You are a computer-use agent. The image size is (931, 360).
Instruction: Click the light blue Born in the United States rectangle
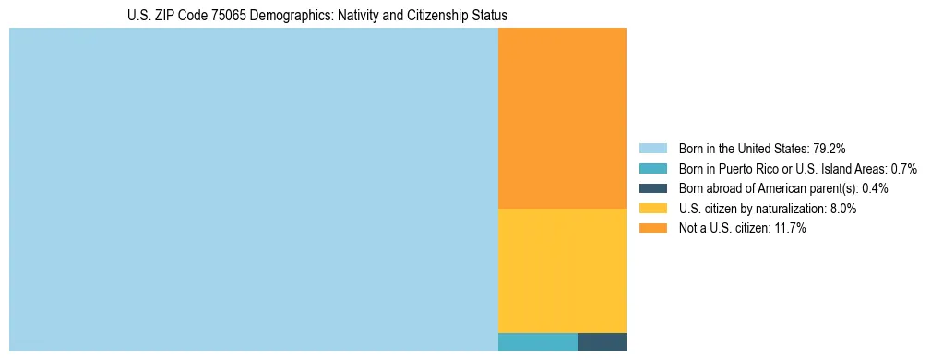[253, 189]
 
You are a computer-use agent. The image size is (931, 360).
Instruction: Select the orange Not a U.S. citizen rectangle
[562, 118]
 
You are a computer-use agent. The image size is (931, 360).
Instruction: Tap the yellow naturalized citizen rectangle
[562, 270]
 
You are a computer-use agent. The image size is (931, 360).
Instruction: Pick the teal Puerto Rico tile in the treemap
[537, 342]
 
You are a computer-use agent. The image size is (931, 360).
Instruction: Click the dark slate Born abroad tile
[602, 342]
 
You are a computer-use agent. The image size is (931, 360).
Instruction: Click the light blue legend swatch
[653, 149]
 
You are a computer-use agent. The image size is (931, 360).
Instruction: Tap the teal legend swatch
[653, 169]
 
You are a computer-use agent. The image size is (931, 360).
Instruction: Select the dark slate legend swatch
[653, 188]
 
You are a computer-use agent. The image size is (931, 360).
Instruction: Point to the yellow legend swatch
[653, 209]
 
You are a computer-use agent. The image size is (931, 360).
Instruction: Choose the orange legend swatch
[653, 229]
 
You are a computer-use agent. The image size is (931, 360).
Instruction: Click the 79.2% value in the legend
[830, 149]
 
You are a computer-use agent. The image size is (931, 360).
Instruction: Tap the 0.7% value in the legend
[903, 169]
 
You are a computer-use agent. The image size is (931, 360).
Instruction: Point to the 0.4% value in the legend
[875, 188]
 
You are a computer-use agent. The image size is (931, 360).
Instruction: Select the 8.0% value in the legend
[842, 209]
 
